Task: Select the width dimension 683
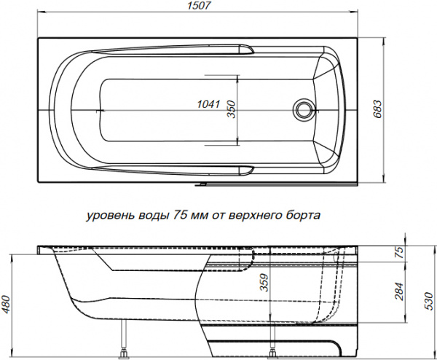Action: [377, 109]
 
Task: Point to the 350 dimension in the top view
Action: [230, 109]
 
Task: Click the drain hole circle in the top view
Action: [304, 110]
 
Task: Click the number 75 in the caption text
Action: [180, 216]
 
